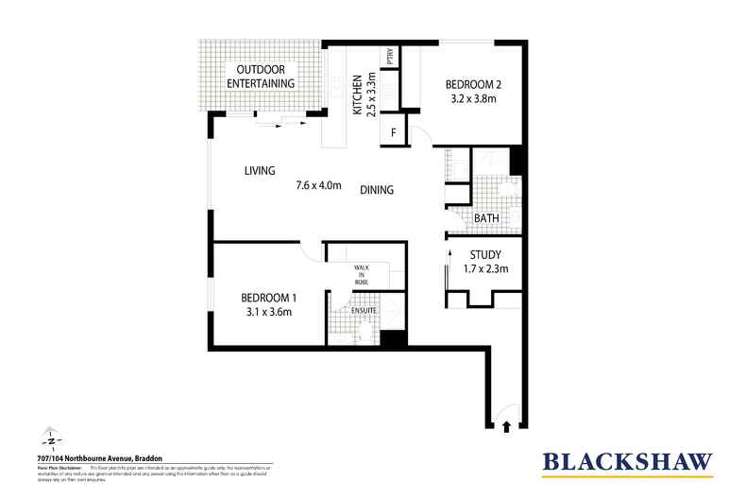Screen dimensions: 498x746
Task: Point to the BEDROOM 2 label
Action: [473, 85]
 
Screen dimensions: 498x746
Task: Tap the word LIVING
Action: [259, 171]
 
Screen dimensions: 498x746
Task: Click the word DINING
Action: [377, 190]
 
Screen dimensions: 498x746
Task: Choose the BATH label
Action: [487, 218]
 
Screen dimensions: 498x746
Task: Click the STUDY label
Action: [483, 254]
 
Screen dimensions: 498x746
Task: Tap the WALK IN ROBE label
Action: [362, 274]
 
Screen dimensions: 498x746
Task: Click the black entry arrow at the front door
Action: [509, 427]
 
